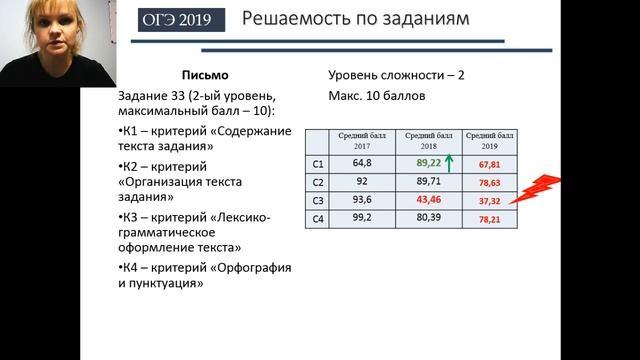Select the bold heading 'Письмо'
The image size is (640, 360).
tap(206, 76)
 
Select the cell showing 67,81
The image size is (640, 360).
tap(490, 164)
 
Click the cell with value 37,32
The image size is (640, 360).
tap(490, 200)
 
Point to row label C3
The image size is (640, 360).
tap(317, 200)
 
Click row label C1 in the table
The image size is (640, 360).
tap(317, 163)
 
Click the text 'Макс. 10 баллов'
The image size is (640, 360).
tap(376, 98)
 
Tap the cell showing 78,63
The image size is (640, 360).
tap(490, 182)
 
